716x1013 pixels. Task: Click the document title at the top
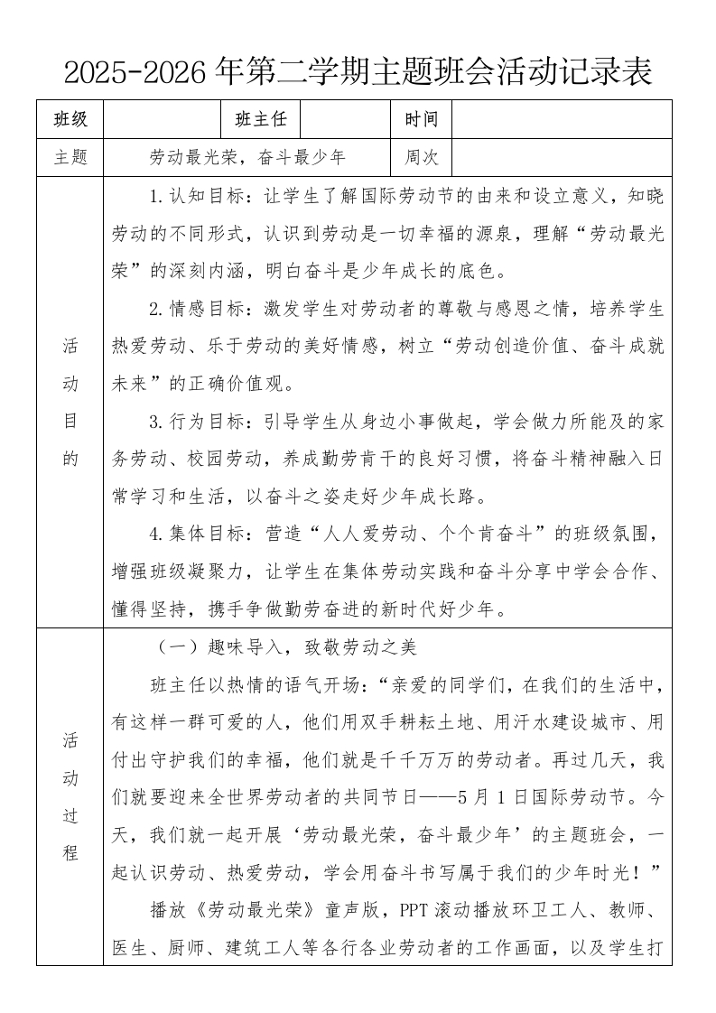point(358,70)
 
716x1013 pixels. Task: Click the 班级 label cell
point(70,119)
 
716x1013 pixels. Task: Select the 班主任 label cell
point(260,119)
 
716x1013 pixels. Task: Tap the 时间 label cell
point(421,119)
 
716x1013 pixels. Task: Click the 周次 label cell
point(421,157)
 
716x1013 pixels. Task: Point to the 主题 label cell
point(70,157)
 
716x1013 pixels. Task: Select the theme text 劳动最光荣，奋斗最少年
point(247,157)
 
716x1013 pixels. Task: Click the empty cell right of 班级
point(163,119)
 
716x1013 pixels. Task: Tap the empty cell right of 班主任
point(345,119)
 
